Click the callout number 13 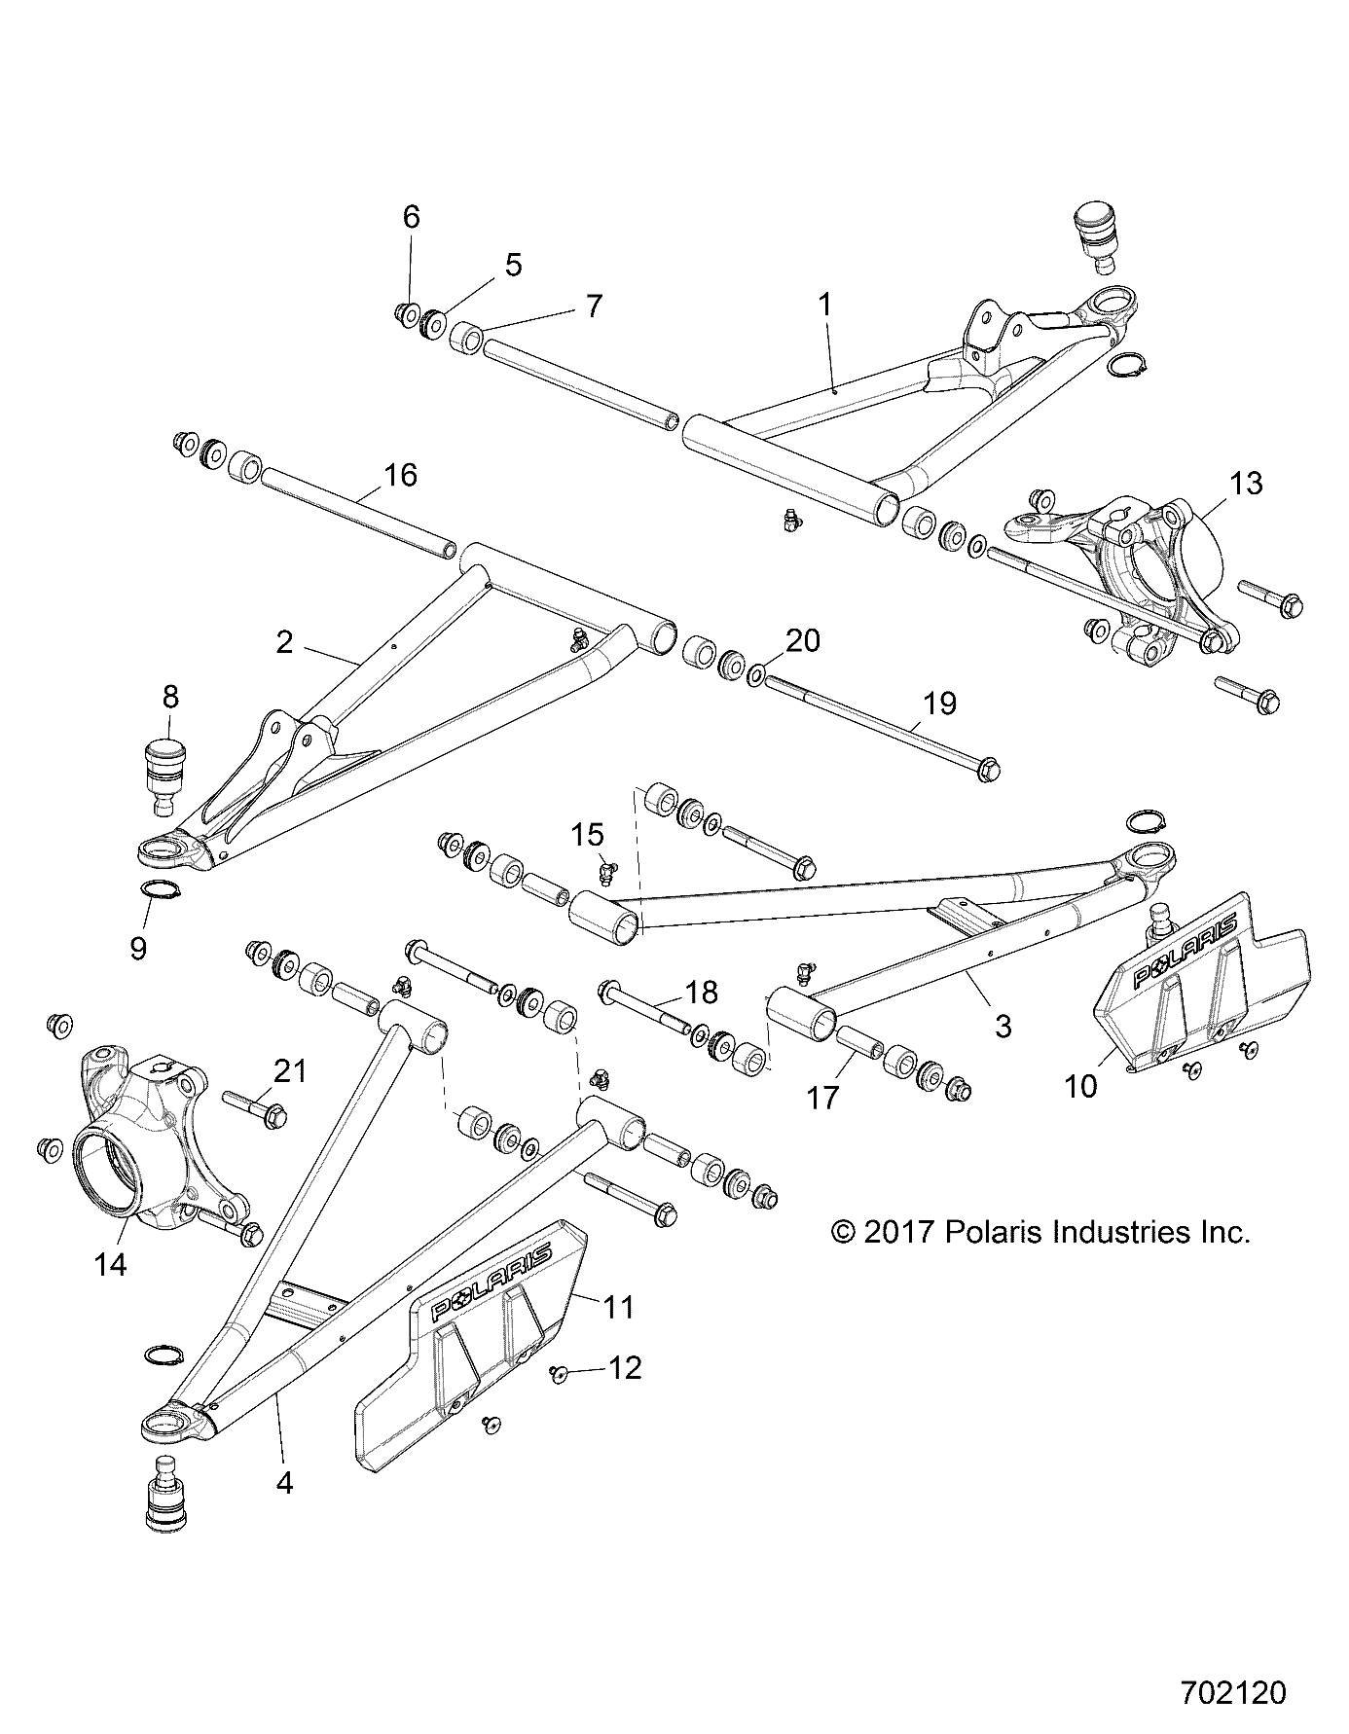click(x=1246, y=483)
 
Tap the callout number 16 click(x=400, y=475)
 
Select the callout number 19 click(x=939, y=703)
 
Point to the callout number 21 click(x=290, y=1071)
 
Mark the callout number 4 click(x=285, y=1483)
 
